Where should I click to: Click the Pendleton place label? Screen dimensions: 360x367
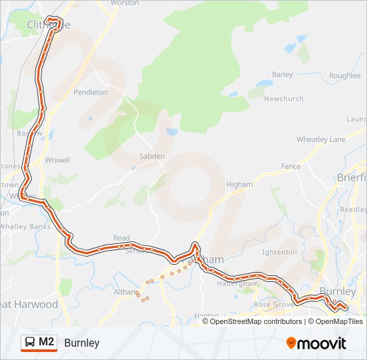coord(90,92)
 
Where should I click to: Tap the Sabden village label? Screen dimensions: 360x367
coord(151,156)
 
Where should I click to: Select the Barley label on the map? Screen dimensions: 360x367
coord(282,75)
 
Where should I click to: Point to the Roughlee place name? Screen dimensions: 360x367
coord(344,76)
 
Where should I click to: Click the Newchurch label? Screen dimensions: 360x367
coord(284,99)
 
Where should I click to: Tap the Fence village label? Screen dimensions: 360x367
coord(290,166)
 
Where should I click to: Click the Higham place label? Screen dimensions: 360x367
coord(240,185)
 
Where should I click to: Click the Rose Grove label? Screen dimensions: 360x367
coord(270,305)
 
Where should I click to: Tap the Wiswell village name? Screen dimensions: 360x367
coord(57,161)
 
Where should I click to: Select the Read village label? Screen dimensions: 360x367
coord(121,238)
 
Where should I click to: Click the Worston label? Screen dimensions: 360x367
coord(125,3)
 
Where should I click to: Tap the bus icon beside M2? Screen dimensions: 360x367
coord(30,343)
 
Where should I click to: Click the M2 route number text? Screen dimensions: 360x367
coord(47,342)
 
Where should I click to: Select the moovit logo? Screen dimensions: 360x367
coord(316,343)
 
